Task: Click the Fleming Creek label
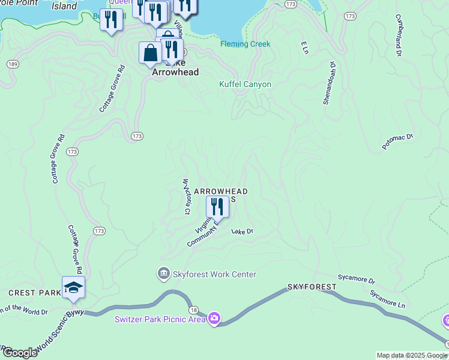click(245, 44)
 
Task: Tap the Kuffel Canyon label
click(245, 85)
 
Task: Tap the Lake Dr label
click(243, 231)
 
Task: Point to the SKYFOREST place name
click(312, 287)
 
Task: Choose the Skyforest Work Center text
click(214, 275)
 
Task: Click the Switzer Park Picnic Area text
click(160, 319)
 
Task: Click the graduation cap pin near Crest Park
click(73, 287)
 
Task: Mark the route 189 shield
click(12, 64)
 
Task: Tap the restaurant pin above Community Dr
click(217, 207)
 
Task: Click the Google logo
click(20, 353)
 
